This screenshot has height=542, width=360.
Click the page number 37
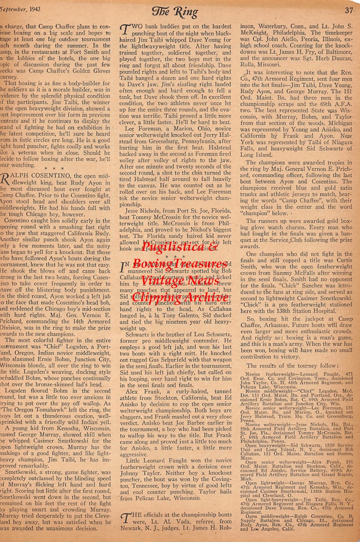(349, 10)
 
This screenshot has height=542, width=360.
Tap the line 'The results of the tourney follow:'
(292, 365)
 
